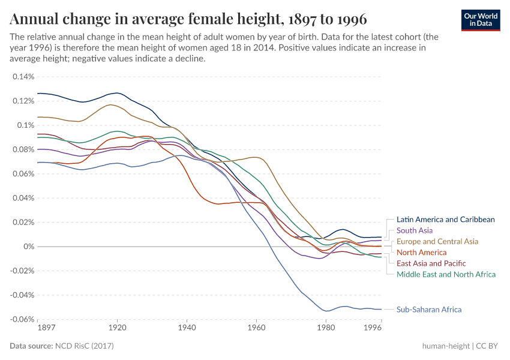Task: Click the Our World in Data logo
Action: (481, 20)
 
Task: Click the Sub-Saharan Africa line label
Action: (428, 310)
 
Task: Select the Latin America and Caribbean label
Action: (445, 220)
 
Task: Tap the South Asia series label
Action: (415, 230)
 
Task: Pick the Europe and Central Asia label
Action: (437, 241)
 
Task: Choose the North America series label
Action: (421, 253)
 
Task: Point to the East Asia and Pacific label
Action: (431, 263)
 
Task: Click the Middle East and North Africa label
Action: (446, 274)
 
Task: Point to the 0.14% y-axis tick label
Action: (23, 77)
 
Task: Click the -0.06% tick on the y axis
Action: (22, 319)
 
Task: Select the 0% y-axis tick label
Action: (29, 247)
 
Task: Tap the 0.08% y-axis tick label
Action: (23, 149)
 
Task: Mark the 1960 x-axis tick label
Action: (256, 329)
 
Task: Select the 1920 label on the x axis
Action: (118, 329)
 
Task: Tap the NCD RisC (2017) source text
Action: (85, 346)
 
